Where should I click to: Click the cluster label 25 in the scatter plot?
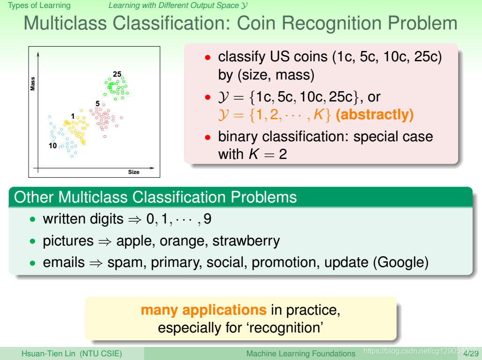117,74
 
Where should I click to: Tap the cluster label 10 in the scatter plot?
52,145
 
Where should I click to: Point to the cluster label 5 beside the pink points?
97,103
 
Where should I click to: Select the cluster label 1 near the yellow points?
73,116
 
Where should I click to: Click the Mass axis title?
33,84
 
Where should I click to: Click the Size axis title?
134,172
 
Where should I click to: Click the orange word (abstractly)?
375,115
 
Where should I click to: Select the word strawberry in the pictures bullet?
246,241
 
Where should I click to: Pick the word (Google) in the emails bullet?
401,263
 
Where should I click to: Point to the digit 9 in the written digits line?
207,219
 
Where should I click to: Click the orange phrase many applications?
204,310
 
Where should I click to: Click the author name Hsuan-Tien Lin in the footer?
48,353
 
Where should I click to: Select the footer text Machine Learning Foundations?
301,354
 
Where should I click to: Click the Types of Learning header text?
39,6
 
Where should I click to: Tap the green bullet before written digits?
33,219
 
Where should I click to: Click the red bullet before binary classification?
208,137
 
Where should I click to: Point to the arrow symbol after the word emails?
96,263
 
